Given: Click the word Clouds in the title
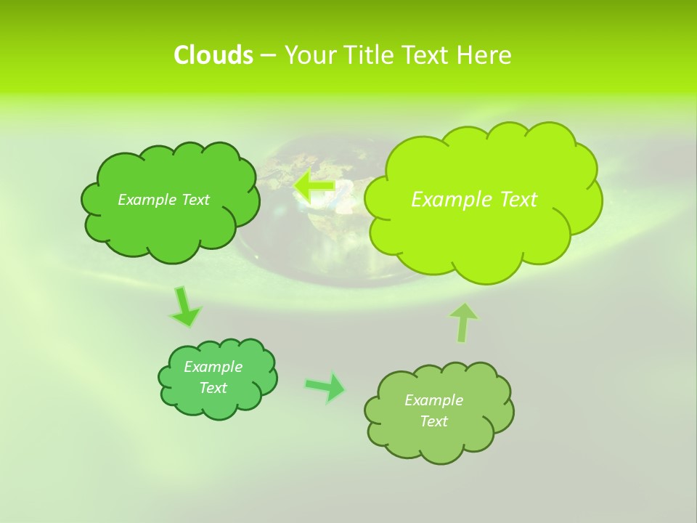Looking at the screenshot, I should (213, 55).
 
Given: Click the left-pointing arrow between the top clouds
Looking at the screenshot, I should (314, 187).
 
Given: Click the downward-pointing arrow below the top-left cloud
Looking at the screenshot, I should (184, 307).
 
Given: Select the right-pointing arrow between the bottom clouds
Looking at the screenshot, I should (326, 387).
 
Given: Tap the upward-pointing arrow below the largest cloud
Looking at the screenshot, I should (463, 322).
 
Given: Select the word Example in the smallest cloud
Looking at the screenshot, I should (213, 367).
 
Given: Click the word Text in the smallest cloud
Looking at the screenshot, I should (213, 388).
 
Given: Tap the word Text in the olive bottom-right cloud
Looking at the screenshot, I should (433, 421).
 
